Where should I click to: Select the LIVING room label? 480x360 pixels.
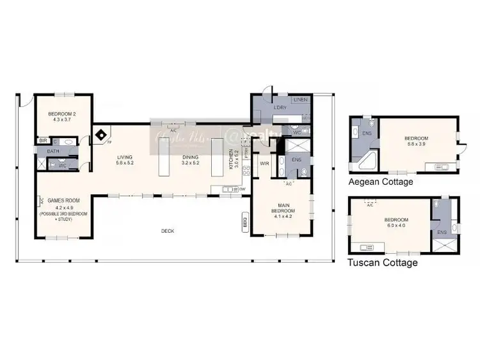pyautogui.click(x=124, y=157)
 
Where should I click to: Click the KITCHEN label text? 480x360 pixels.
pyautogui.click(x=232, y=157)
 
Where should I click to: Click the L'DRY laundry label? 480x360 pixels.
pyautogui.click(x=279, y=107)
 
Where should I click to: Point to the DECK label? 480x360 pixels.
pyautogui.click(x=168, y=231)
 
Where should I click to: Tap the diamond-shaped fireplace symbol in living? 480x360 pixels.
pyautogui.click(x=101, y=135)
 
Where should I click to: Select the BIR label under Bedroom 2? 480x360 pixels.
pyautogui.click(x=42, y=140)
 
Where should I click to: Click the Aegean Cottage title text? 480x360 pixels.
pyautogui.click(x=381, y=182)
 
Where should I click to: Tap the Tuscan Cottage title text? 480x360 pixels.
pyautogui.click(x=382, y=263)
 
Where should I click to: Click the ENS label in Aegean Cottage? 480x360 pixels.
pyautogui.click(x=367, y=133)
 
